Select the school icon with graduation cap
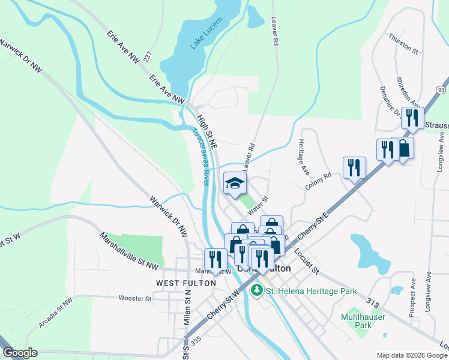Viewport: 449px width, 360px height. tap(235, 183)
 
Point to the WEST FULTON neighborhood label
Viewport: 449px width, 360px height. tap(177, 283)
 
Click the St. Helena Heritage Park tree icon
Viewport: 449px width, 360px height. tap(257, 291)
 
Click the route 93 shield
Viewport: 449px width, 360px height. tap(441, 89)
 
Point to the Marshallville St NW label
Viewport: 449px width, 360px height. tap(129, 250)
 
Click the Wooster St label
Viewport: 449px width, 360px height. tap(135, 298)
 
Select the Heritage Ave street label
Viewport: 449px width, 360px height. tap(303, 157)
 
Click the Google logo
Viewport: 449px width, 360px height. tap(20, 353)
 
